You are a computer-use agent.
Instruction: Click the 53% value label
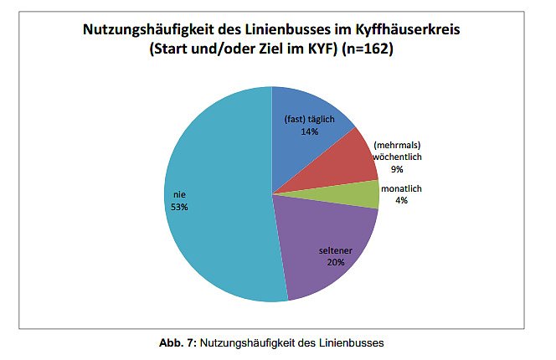[178, 207]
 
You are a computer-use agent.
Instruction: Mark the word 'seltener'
[336, 249]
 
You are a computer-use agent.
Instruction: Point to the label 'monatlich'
[401, 189]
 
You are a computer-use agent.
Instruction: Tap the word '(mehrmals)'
[395, 145]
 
